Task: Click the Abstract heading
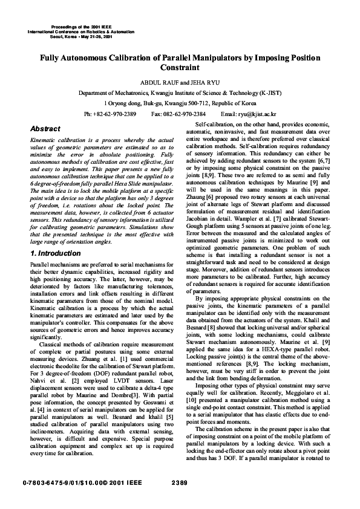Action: (x=45, y=129)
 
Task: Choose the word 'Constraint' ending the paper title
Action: (x=180, y=68)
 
